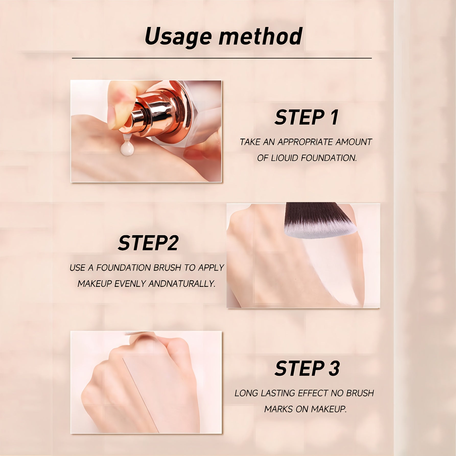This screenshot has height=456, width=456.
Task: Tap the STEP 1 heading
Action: (306, 117)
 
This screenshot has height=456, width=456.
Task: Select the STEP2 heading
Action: (148, 243)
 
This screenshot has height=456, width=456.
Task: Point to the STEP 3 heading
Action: (307, 368)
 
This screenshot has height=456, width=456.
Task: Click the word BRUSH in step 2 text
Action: (168, 267)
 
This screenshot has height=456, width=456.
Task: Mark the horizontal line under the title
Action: (222, 58)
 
